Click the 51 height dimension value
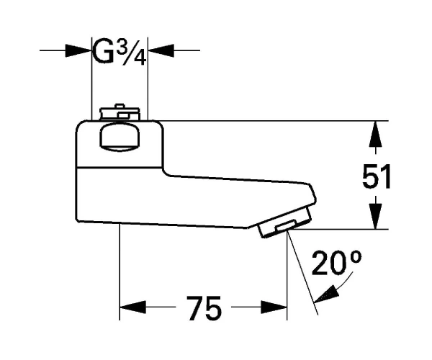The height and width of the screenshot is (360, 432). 377,176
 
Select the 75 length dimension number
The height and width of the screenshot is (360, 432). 204,308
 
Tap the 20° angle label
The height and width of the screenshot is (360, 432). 336,263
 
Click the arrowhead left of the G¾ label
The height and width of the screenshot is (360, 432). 78,50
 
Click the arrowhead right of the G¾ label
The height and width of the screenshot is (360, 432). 161,50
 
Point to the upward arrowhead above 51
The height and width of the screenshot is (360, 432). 376,134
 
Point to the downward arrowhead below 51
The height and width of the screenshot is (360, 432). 376,216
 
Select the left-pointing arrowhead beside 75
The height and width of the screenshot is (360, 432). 132,307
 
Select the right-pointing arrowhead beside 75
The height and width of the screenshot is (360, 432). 274,307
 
